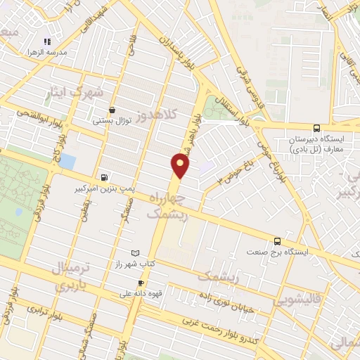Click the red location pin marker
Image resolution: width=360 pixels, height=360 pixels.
click(181, 165)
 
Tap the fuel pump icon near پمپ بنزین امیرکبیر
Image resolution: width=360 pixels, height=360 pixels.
click(105, 178)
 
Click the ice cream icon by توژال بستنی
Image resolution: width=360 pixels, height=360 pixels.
click(112, 110)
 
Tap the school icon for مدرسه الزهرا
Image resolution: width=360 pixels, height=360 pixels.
click(46, 41)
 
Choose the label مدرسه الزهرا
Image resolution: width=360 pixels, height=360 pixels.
click(47, 53)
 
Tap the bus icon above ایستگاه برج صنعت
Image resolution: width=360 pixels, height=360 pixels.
click(278, 240)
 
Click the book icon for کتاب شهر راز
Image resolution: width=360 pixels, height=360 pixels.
click(135, 252)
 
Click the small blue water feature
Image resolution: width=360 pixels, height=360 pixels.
click(67, 160)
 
